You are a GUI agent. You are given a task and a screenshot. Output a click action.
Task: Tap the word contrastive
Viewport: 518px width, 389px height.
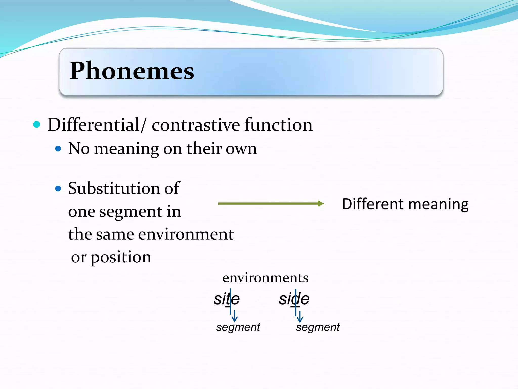click(196, 125)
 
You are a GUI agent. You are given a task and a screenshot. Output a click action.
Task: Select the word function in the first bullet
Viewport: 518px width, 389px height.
click(278, 125)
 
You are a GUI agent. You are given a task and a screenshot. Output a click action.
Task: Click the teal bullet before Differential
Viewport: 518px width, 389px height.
click(37, 124)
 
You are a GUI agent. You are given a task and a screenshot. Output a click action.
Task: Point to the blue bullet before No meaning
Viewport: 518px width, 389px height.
click(58, 149)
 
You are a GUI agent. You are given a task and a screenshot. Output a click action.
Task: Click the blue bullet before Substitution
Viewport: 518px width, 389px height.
click(58, 189)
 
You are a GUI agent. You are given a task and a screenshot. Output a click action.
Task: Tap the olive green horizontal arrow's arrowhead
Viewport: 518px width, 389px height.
click(321, 204)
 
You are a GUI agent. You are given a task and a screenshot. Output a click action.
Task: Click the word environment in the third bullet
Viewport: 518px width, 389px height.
click(186, 234)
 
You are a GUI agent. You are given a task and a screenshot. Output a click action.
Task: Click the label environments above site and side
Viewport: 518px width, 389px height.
click(265, 278)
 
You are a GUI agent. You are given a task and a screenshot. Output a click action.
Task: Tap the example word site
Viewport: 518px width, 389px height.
click(227, 299)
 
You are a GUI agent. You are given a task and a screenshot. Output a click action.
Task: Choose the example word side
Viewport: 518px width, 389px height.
click(294, 299)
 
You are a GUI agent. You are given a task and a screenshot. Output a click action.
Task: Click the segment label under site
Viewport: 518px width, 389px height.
click(238, 327)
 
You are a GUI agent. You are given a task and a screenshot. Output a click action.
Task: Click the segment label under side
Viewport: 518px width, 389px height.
click(318, 327)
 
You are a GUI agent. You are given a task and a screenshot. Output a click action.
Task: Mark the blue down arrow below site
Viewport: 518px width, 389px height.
click(235, 317)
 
